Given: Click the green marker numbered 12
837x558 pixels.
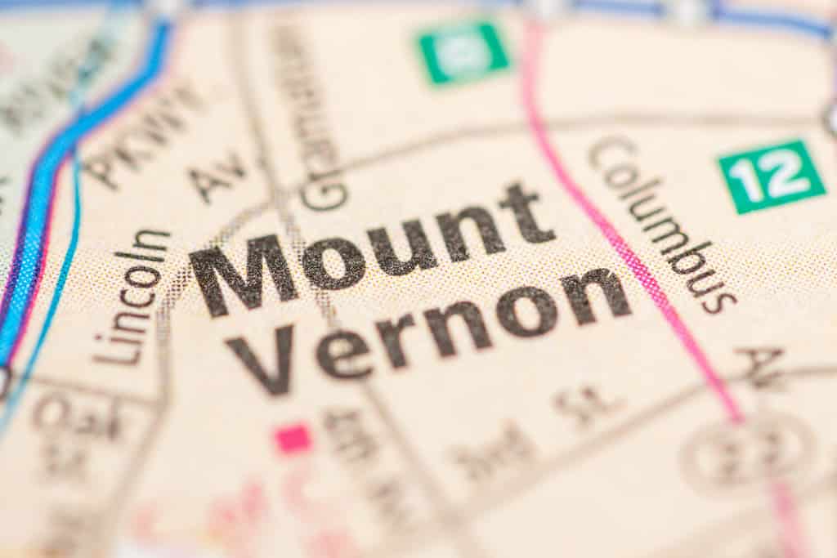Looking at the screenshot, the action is coord(771,176).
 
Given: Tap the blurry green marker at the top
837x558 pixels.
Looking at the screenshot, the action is coord(463,51).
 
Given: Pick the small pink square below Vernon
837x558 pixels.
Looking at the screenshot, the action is coord(293,439).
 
